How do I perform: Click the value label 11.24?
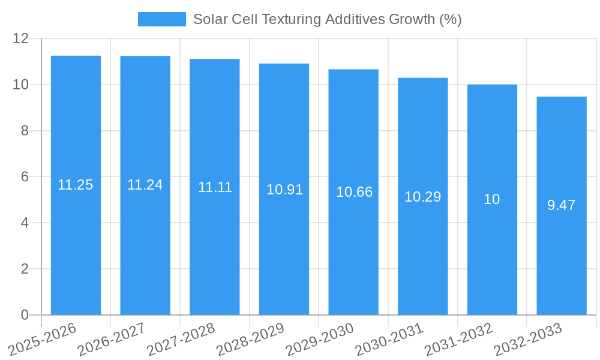(x=145, y=185)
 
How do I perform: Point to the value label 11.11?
(x=215, y=187)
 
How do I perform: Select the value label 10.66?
(x=354, y=192)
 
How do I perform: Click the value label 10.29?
(x=422, y=197)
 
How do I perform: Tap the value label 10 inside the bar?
(x=491, y=199)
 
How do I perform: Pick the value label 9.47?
(x=561, y=205)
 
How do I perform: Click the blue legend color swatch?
(x=161, y=19)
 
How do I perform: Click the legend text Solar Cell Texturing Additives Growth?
(x=327, y=19)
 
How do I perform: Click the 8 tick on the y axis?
(x=25, y=131)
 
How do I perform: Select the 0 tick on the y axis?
(x=25, y=315)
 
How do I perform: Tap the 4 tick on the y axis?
(x=25, y=223)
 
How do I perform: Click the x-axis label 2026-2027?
(x=111, y=339)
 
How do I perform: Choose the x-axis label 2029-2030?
(x=319, y=339)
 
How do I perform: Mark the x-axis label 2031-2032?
(x=458, y=339)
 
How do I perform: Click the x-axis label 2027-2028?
(x=181, y=339)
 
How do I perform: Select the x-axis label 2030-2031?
(x=389, y=339)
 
